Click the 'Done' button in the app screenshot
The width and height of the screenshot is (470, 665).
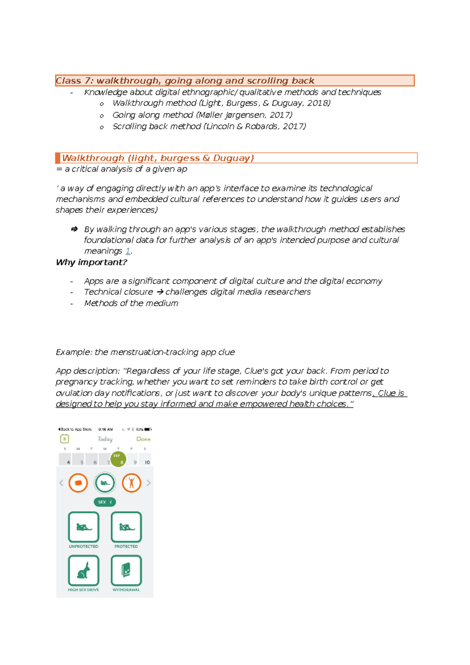143,439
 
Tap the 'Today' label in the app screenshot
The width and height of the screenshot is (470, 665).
105,439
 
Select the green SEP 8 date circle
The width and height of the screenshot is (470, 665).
118,459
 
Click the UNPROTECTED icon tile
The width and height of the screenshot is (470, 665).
83,527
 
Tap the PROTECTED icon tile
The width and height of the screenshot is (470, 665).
126,527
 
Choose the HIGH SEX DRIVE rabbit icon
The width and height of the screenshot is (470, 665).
83,570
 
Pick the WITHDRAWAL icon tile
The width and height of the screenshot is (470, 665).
126,570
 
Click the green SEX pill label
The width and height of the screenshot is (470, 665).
105,502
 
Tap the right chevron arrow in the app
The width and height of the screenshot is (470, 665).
148,483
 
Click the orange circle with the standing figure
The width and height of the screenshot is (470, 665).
132,483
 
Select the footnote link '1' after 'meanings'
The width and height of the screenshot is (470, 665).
128,251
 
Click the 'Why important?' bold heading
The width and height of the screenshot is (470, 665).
91,262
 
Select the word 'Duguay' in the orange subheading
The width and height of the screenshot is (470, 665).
232,158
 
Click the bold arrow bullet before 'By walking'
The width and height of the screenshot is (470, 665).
74,229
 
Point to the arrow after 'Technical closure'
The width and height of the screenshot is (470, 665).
160,292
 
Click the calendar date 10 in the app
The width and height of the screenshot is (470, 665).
147,462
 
